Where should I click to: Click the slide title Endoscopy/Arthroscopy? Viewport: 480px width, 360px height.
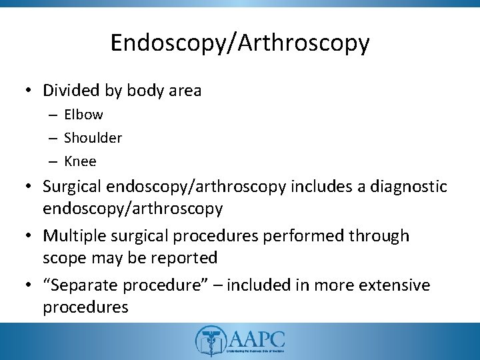click(x=239, y=43)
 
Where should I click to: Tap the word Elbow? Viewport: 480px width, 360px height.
click(x=84, y=115)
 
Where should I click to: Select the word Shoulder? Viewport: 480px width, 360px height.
click(x=93, y=138)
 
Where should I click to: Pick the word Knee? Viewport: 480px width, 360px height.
click(x=81, y=161)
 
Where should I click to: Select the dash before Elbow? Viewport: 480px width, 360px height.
click(x=54, y=115)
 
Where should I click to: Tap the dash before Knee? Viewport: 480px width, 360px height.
click(x=54, y=162)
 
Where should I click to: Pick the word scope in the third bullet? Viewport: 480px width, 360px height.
click(x=61, y=257)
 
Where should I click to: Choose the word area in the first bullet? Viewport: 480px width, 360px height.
click(x=182, y=89)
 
